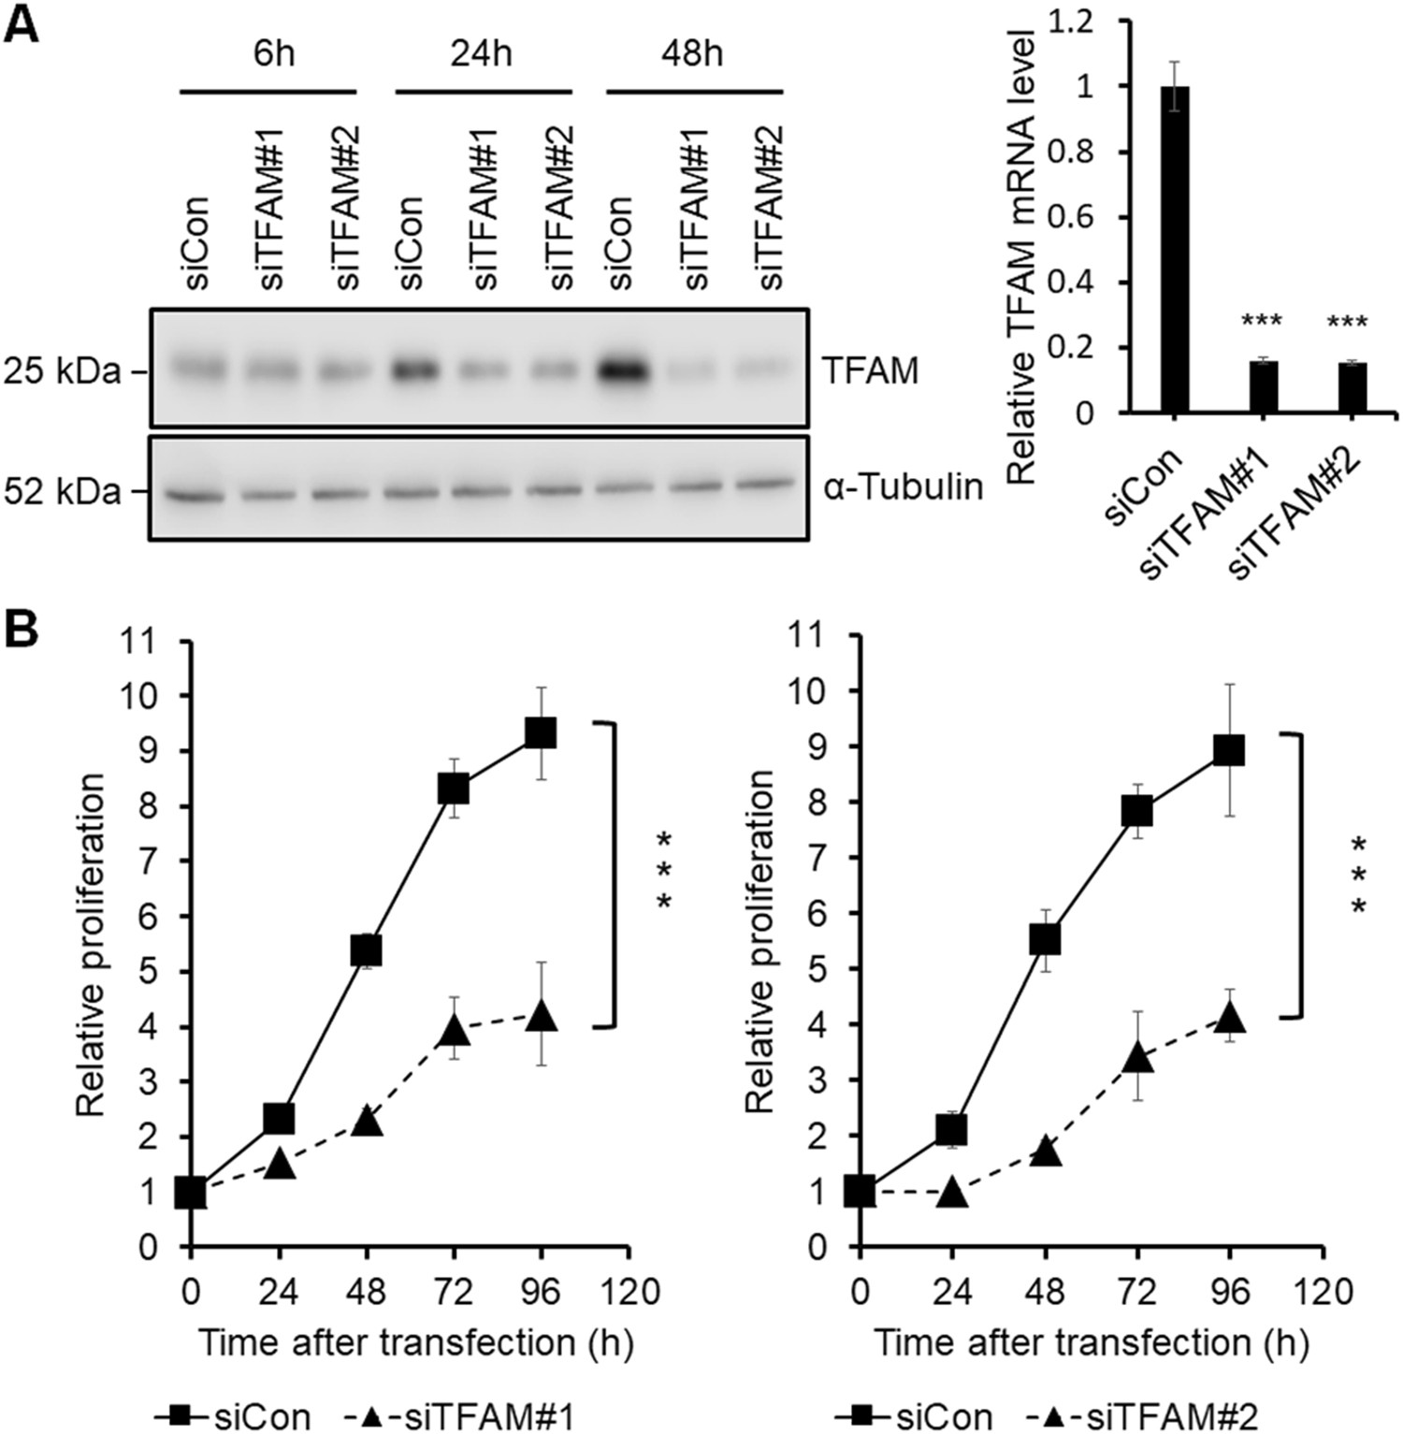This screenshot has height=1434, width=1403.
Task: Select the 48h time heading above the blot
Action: [x=692, y=53]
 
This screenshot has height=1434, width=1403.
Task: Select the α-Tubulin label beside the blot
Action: [x=904, y=487]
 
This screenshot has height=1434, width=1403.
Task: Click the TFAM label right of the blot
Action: [x=871, y=371]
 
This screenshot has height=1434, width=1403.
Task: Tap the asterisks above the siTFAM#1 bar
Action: [x=1261, y=324]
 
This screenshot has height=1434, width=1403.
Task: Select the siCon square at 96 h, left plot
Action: [x=541, y=733]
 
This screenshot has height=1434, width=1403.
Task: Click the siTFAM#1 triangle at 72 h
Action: [x=454, y=1030]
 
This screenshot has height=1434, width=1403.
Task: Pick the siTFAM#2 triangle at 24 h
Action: [x=952, y=1191]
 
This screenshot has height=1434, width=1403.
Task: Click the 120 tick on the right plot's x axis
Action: [x=1322, y=1292]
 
